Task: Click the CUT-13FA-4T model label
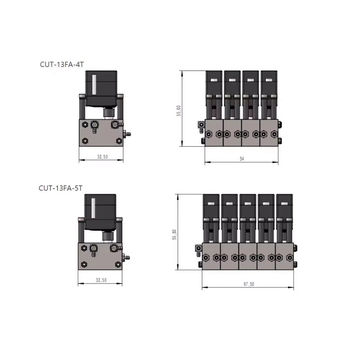(62, 64)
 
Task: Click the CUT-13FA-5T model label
(60, 188)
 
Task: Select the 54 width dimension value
(242, 159)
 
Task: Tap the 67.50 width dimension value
(249, 284)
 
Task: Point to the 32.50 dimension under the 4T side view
(102, 157)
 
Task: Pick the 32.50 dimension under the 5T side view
(101, 280)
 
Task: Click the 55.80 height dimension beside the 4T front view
(179, 111)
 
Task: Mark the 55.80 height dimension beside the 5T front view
(175, 234)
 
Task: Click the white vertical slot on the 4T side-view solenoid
(94, 85)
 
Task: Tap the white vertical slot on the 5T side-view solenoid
(93, 208)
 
